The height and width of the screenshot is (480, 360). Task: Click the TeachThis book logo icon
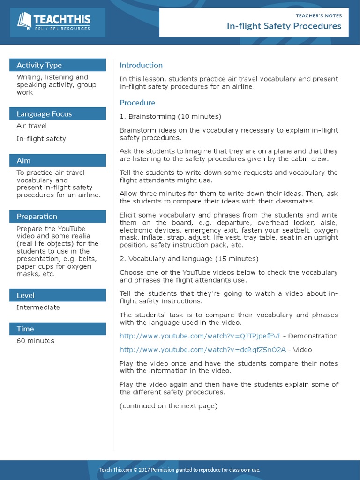[x=24, y=21]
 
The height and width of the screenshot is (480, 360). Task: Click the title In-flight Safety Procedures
[x=284, y=26]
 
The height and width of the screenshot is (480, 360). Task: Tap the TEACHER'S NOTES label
[x=319, y=15]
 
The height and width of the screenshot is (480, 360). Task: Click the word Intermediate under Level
[x=38, y=307]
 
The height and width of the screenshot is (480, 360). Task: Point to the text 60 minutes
[x=35, y=341]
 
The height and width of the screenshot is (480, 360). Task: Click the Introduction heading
[x=141, y=65]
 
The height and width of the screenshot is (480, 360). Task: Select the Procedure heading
[x=137, y=103]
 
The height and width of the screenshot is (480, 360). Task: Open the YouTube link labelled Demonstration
[x=200, y=336]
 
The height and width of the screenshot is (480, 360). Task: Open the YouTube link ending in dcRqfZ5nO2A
[x=202, y=350]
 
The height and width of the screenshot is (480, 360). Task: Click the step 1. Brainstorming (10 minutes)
[x=170, y=116]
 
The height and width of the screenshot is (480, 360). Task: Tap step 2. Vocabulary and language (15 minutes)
[x=188, y=259]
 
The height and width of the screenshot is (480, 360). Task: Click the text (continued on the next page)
[x=168, y=406]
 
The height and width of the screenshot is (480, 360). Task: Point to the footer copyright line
[x=180, y=470]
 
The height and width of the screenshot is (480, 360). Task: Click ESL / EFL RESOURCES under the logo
[x=62, y=29]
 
